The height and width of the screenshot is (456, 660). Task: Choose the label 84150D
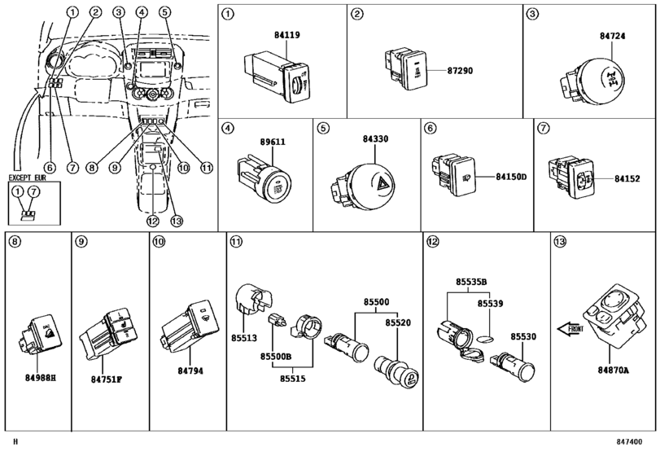[512, 176]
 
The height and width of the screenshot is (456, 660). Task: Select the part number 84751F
[107, 379]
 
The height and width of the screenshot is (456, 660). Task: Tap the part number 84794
[190, 371]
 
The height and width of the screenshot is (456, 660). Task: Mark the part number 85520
[398, 322]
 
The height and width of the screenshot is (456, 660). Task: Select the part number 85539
[490, 303]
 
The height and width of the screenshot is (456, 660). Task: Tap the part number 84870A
[614, 370]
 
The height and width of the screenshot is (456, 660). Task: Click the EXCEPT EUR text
[30, 177]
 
